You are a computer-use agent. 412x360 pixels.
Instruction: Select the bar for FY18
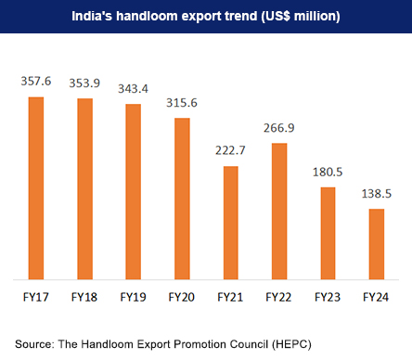pyautogui.click(x=84, y=188)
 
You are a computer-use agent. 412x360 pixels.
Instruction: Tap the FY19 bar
pyautogui.click(x=133, y=191)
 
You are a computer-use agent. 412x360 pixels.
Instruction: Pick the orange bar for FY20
pyautogui.click(x=181, y=198)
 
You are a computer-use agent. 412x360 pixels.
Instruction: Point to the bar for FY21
pyautogui.click(x=229, y=222)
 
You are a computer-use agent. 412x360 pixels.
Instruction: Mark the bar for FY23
pyautogui.click(x=326, y=233)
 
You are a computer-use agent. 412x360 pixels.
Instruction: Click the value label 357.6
pyautogui.click(x=36, y=83)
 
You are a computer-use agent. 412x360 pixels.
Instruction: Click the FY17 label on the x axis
pyautogui.click(x=36, y=298)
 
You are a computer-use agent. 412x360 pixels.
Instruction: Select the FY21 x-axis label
pyautogui.click(x=229, y=298)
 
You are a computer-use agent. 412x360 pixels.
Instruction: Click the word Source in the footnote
pyautogui.click(x=33, y=344)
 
